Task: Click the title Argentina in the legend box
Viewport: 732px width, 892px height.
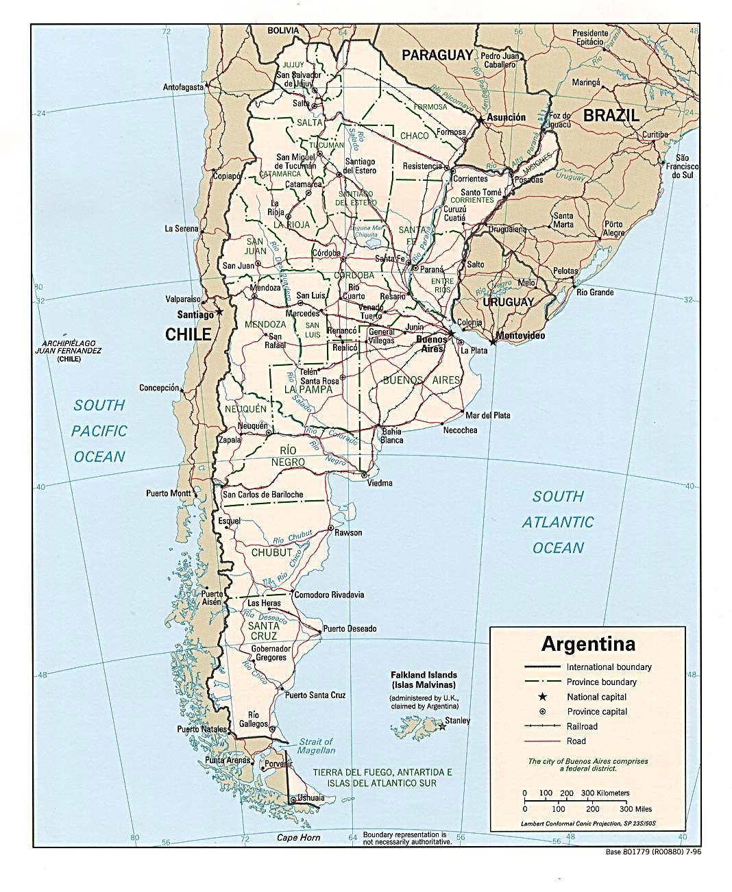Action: click(588, 644)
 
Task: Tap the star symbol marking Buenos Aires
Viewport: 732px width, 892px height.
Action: click(452, 334)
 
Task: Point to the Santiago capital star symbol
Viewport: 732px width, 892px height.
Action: click(219, 312)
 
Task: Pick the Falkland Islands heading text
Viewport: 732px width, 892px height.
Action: click(424, 675)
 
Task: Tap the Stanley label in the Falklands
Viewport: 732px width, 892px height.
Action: click(457, 720)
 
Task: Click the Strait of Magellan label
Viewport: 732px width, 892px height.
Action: click(316, 746)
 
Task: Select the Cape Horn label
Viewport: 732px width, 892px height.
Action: click(298, 837)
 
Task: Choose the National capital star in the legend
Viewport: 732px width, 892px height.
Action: click(542, 697)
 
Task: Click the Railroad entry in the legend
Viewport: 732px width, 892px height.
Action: click(582, 726)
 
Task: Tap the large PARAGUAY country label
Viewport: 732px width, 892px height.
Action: click(437, 55)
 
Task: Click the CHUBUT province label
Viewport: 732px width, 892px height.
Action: click(272, 552)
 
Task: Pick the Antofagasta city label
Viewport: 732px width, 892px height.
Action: click(183, 87)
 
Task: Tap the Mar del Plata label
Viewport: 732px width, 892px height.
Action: click(487, 415)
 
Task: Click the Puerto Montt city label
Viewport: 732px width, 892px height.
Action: click(168, 493)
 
